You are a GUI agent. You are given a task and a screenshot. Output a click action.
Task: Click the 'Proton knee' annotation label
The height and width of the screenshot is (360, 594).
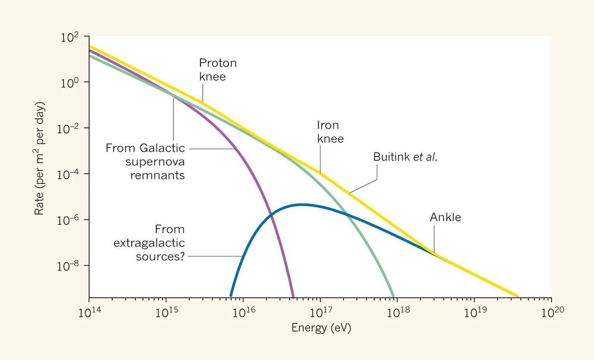(x=218, y=70)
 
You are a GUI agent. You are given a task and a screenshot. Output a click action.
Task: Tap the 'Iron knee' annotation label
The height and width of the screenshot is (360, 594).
(x=330, y=132)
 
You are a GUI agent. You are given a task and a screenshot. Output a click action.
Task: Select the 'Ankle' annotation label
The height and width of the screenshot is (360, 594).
(x=445, y=217)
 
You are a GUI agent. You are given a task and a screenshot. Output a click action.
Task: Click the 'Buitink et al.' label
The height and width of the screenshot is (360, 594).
(x=405, y=157)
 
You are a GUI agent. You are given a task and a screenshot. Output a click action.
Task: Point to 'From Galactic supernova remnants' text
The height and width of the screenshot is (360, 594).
(x=145, y=161)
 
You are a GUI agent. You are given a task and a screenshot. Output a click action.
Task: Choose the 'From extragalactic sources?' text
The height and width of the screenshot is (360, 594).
(x=149, y=243)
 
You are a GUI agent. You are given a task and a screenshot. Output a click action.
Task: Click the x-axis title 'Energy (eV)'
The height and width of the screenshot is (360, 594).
(x=321, y=328)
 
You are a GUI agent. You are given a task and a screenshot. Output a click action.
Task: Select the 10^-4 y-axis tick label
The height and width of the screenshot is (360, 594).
(x=69, y=174)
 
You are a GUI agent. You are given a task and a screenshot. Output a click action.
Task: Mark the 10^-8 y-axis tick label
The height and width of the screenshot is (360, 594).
(x=69, y=266)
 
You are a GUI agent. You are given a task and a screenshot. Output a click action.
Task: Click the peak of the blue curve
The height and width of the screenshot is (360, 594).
(x=301, y=205)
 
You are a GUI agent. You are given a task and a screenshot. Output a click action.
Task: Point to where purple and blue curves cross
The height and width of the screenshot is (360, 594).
(x=271, y=215)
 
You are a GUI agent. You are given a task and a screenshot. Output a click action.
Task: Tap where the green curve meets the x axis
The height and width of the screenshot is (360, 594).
(x=394, y=296)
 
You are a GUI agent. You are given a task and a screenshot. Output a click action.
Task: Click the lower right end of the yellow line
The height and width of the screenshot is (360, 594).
(x=517, y=296)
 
